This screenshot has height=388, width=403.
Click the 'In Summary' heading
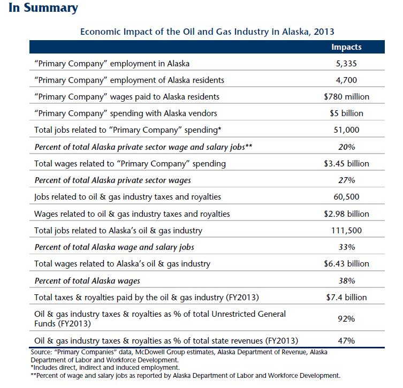click(43, 8)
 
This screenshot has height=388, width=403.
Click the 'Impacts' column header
click(346, 47)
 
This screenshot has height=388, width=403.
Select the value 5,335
click(346, 64)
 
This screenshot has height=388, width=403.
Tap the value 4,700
click(346, 80)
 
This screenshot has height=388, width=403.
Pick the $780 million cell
click(346, 97)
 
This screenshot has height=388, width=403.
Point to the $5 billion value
click(346, 113)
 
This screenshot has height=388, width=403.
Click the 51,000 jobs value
click(346, 130)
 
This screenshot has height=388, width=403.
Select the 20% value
click(346, 147)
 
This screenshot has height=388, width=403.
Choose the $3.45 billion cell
click(346, 163)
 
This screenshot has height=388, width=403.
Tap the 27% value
click(346, 180)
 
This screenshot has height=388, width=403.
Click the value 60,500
click(346, 197)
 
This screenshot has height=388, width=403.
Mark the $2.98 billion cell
click(346, 214)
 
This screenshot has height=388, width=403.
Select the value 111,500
click(346, 230)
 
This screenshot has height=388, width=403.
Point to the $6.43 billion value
click(346, 263)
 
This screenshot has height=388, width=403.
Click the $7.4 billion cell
click(346, 297)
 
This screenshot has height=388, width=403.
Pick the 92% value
click(346, 319)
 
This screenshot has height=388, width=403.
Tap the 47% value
click(346, 340)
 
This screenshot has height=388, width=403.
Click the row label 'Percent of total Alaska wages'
click(87, 280)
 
